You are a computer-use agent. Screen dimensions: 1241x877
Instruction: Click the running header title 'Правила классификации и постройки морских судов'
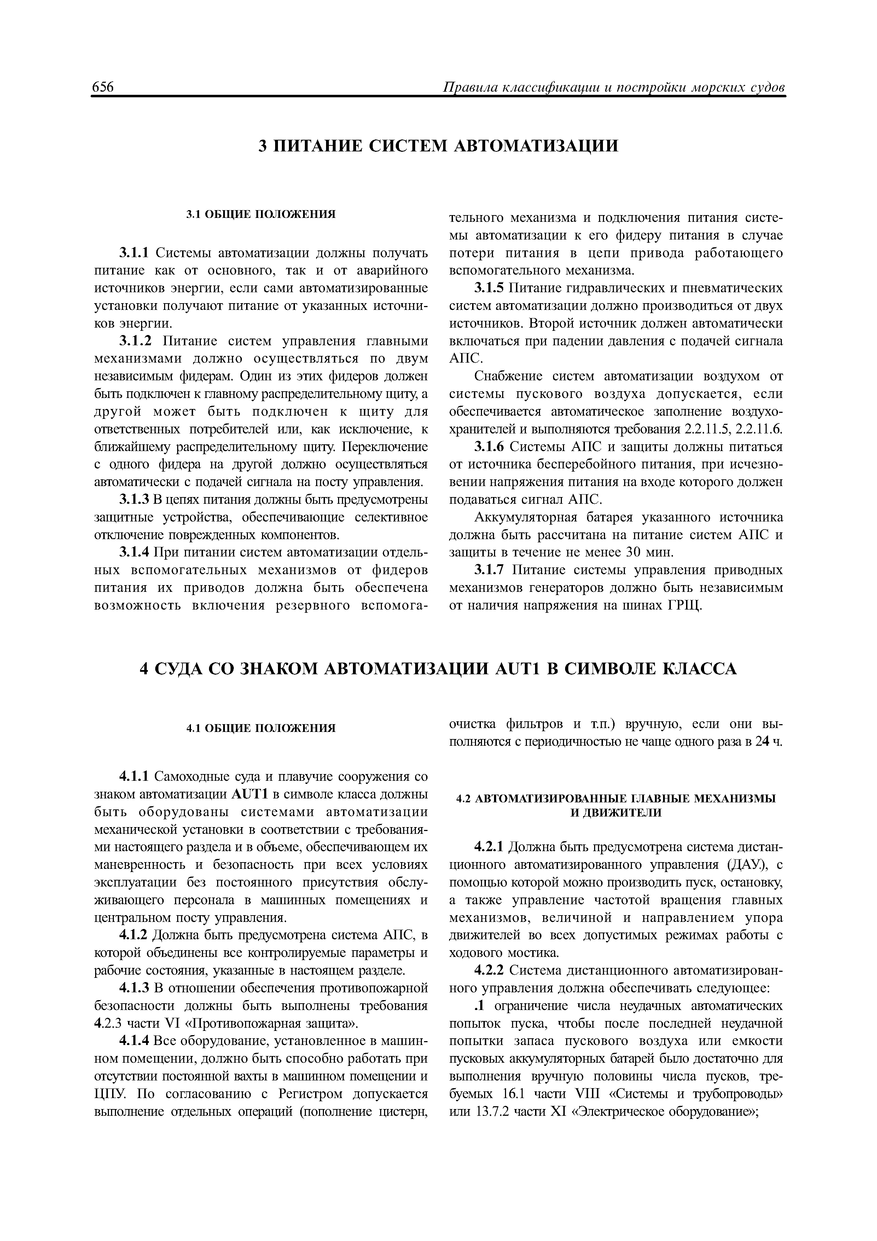(x=613, y=88)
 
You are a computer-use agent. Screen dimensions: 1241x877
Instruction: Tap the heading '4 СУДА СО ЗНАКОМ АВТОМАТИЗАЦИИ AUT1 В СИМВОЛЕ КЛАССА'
(x=438, y=669)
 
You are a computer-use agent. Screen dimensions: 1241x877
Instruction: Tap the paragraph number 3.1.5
(x=490, y=288)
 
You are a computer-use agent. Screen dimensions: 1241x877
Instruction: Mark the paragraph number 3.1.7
(x=490, y=570)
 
